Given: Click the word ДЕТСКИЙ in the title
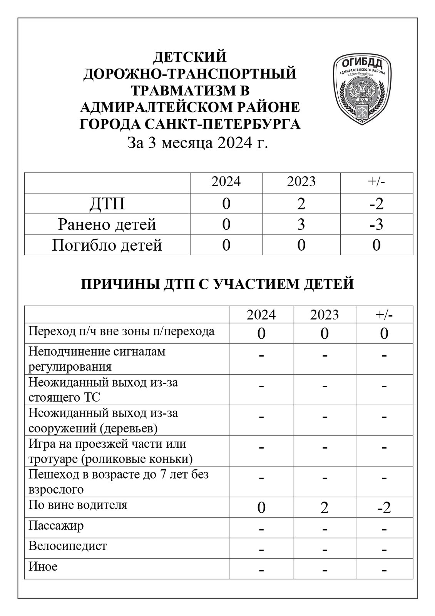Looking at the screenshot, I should (x=190, y=57).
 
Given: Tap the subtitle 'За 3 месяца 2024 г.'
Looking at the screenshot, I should (x=197, y=143).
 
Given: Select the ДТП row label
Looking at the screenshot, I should (x=107, y=204).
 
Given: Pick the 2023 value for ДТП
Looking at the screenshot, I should (x=301, y=204).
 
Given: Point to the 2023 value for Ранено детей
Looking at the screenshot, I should (x=301, y=224).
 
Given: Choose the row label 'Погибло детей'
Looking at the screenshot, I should (x=107, y=245).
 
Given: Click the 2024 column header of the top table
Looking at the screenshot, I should (x=226, y=181).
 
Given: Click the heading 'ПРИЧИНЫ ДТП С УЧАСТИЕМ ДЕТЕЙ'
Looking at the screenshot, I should (x=217, y=284).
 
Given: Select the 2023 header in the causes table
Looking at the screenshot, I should (x=324, y=315).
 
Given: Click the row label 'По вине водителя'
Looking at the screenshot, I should (x=78, y=505).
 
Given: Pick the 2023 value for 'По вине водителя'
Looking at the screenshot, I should (x=324, y=508).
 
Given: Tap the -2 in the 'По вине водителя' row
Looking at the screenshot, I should (x=384, y=508).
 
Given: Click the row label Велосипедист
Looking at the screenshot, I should (x=68, y=546).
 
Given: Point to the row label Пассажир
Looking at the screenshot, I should (x=56, y=526).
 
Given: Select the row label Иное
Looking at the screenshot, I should (x=43, y=566).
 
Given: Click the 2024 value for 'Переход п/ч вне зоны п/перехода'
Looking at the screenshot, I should (x=261, y=333).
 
